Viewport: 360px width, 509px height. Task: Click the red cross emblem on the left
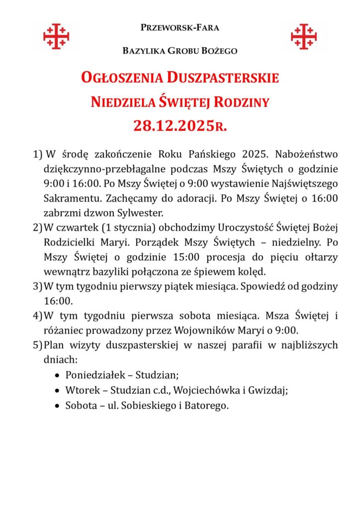coord(56,36)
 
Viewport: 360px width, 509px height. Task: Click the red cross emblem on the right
coord(304,36)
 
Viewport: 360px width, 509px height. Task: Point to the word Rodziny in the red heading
coord(242,102)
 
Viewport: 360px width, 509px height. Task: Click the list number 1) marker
coord(37,153)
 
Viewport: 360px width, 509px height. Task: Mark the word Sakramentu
coord(67,198)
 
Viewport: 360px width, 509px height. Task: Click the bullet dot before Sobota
coord(58,406)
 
